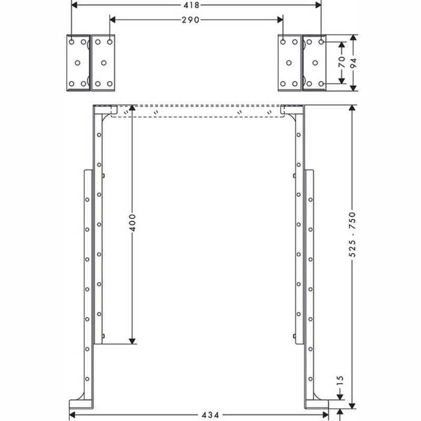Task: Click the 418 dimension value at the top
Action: click(x=196, y=5)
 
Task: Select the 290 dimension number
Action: click(x=196, y=20)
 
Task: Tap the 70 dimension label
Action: click(x=340, y=63)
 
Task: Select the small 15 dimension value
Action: click(x=340, y=381)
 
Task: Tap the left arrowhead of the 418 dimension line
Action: click(x=74, y=5)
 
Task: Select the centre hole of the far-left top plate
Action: click(x=76, y=63)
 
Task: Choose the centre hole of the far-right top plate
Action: click(x=315, y=63)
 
